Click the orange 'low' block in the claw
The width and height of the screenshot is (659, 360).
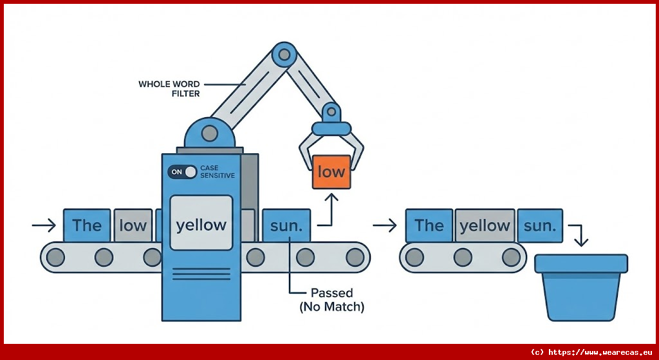pos(331,172)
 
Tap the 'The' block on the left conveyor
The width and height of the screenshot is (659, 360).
pos(87,225)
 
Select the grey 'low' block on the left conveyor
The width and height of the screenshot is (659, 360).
pos(133,225)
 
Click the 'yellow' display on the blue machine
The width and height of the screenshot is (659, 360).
pos(201,224)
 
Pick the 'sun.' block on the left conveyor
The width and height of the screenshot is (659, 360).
pos(286,225)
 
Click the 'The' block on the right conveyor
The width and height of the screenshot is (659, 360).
pos(429,225)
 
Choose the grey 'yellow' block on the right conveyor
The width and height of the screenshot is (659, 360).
pos(485,225)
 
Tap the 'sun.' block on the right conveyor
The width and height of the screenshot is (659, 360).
pos(540,225)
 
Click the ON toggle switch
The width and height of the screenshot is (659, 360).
pos(182,172)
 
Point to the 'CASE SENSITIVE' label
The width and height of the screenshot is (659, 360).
pos(218,172)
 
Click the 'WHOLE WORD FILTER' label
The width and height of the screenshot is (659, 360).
pos(169,89)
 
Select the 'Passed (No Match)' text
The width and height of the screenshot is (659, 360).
pos(332,300)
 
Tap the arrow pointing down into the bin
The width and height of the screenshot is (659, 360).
pos(580,236)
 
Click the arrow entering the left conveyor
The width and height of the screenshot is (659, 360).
pos(44,225)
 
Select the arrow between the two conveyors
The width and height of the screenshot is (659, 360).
pos(385,225)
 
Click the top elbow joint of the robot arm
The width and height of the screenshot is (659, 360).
pos(281,55)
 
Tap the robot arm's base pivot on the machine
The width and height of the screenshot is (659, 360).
pos(210,134)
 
